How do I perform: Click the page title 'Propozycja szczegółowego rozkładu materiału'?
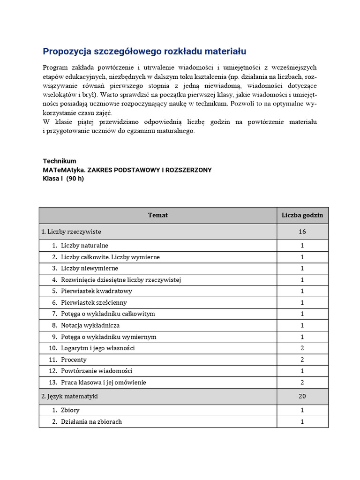click(144, 51)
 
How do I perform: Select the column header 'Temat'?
click(158, 215)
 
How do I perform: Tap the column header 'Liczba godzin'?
click(302, 215)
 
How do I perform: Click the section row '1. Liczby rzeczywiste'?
click(71, 232)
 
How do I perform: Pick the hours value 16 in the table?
click(302, 232)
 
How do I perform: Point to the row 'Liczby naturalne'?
click(84, 245)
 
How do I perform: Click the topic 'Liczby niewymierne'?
click(89, 268)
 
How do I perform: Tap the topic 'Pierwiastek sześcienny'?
click(94, 302)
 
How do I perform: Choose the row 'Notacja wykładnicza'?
click(90, 325)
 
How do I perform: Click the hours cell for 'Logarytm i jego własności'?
click(302, 348)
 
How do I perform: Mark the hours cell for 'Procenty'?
click(302, 360)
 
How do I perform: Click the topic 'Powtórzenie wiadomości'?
click(97, 371)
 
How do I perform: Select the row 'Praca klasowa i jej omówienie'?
click(103, 382)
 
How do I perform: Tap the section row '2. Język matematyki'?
click(69, 396)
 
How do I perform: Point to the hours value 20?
click(302, 396)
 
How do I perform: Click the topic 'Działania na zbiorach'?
click(91, 421)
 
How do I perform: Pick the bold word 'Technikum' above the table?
click(60, 161)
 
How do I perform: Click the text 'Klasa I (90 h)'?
click(63, 179)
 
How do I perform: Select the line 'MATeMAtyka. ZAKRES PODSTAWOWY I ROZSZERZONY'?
click(127, 170)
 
